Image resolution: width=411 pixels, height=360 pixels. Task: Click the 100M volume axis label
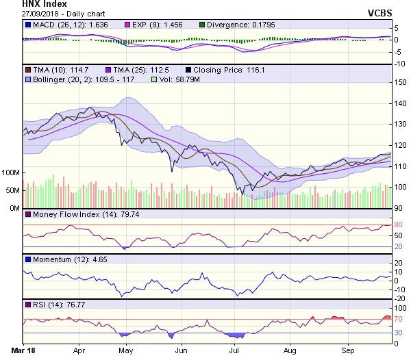11,172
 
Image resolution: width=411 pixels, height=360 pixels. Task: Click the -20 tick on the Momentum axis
398,298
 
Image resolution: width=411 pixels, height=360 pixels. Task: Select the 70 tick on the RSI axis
397,319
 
